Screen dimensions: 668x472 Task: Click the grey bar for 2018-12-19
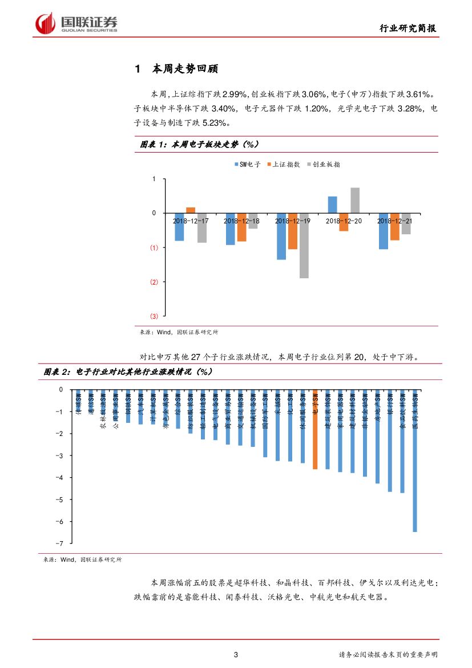[304, 246]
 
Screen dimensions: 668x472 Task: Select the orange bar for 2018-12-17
[191, 210]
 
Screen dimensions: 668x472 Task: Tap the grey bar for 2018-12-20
[354, 200]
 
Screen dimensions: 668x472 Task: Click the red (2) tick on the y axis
[154, 282]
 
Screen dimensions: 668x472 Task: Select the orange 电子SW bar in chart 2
[315, 429]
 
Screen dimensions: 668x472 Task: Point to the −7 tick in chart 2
[59, 543]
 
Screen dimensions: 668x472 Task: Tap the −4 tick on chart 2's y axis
[59, 478]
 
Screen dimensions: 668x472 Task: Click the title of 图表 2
[128, 372]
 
